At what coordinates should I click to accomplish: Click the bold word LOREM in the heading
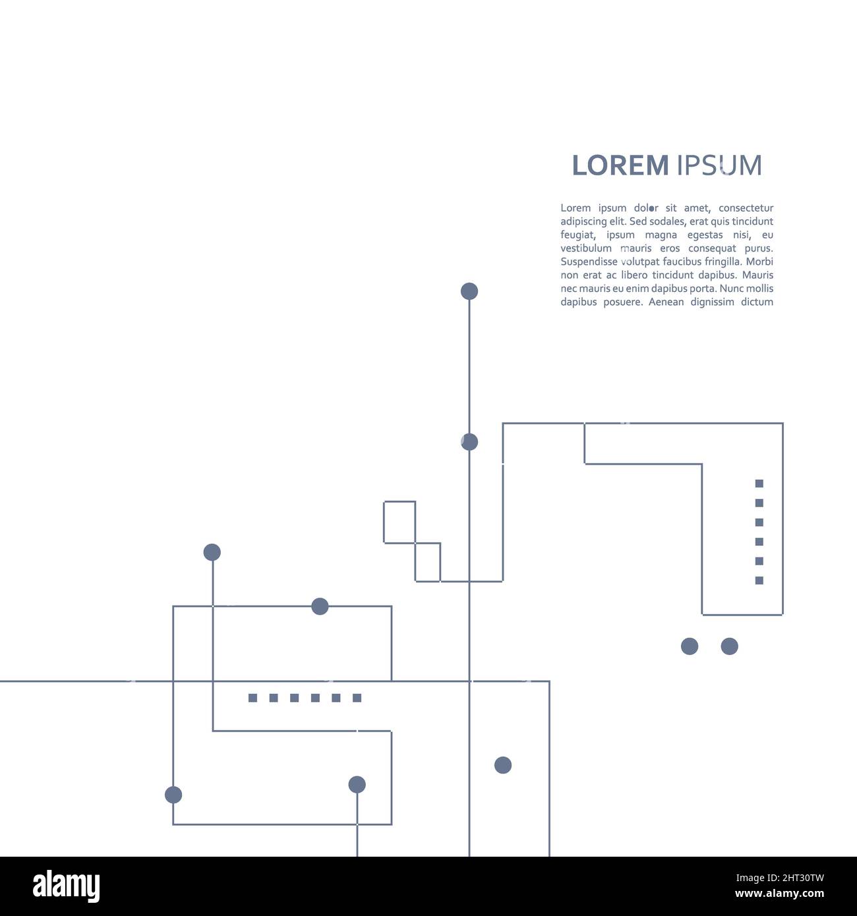click(620, 165)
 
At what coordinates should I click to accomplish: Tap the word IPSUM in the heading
click(719, 165)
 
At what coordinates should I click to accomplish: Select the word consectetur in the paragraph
click(746, 208)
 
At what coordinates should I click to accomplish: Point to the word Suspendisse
click(589, 262)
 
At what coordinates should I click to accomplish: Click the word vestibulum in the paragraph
click(585, 248)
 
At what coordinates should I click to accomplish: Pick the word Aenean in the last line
click(666, 302)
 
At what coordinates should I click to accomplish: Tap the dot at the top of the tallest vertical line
click(469, 291)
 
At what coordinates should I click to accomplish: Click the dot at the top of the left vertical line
click(212, 552)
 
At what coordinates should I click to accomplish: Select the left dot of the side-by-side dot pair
click(690, 646)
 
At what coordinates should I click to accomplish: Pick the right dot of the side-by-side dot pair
click(730, 646)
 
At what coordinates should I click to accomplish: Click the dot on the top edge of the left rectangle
click(320, 606)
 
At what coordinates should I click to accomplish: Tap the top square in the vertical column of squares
click(759, 483)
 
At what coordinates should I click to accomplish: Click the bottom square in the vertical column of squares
click(759, 580)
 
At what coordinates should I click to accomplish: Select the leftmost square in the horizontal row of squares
click(253, 698)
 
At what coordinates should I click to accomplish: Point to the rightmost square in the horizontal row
click(357, 698)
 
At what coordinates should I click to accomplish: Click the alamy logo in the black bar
click(66, 886)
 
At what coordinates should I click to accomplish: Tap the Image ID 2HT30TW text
click(780, 878)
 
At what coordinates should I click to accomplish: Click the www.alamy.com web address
click(779, 894)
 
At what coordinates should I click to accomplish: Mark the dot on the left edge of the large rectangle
click(173, 795)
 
